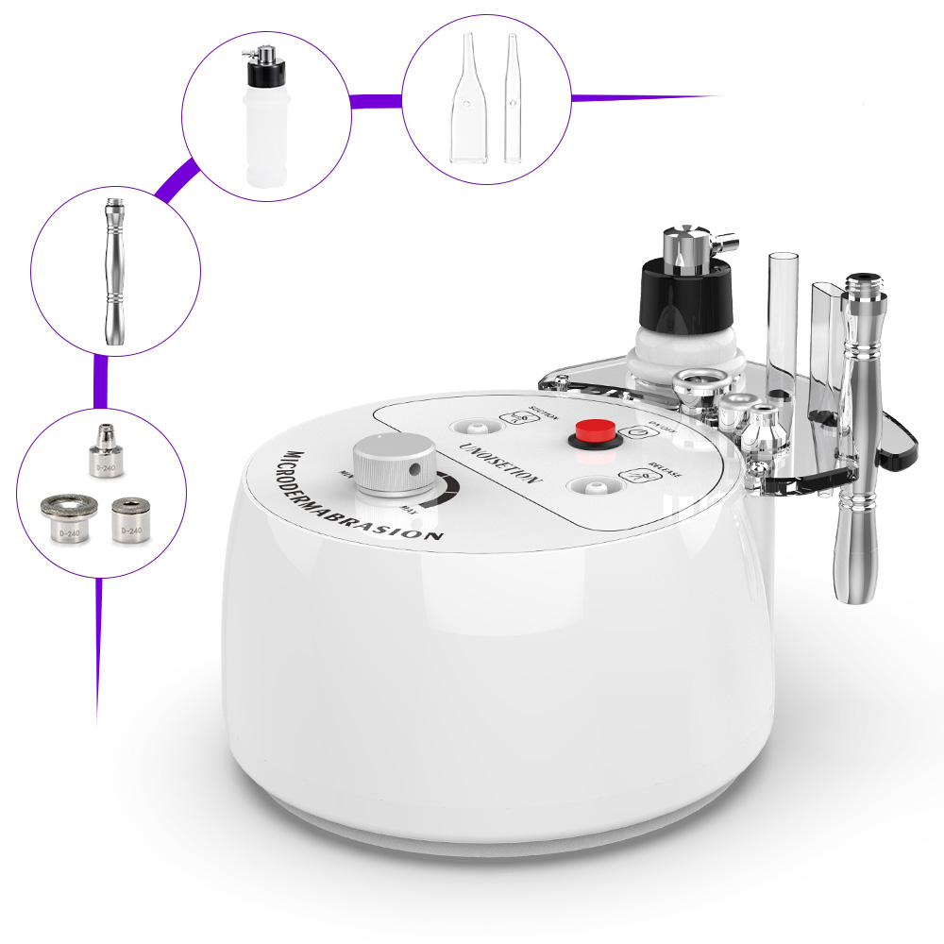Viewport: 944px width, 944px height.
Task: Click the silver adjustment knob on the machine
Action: pos(394,465)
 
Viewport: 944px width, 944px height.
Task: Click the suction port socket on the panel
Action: pos(466,425)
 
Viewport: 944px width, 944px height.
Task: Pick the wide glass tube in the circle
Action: pos(469,99)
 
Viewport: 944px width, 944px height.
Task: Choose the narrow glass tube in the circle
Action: pos(514,99)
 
